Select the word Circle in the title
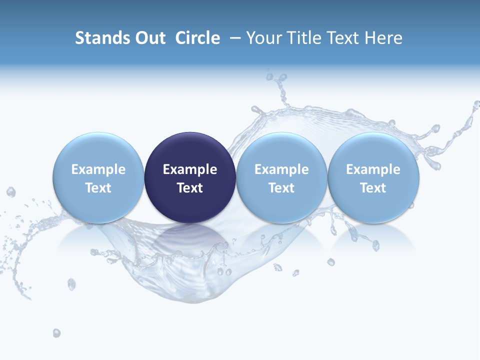pyautogui.click(x=197, y=38)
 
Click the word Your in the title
pyautogui.click(x=263, y=38)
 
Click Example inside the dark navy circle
pyautogui.click(x=190, y=169)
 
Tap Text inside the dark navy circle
pyautogui.click(x=190, y=188)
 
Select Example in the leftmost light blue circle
pyautogui.click(x=98, y=169)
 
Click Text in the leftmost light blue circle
pyautogui.click(x=98, y=188)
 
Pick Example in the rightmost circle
pyautogui.click(x=373, y=169)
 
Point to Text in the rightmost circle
pyautogui.click(x=373, y=188)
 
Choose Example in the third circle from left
pyautogui.click(x=281, y=169)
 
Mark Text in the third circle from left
pyautogui.click(x=281, y=188)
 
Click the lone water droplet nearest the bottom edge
pyautogui.click(x=56, y=333)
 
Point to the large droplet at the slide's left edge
pyautogui.click(x=10, y=192)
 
